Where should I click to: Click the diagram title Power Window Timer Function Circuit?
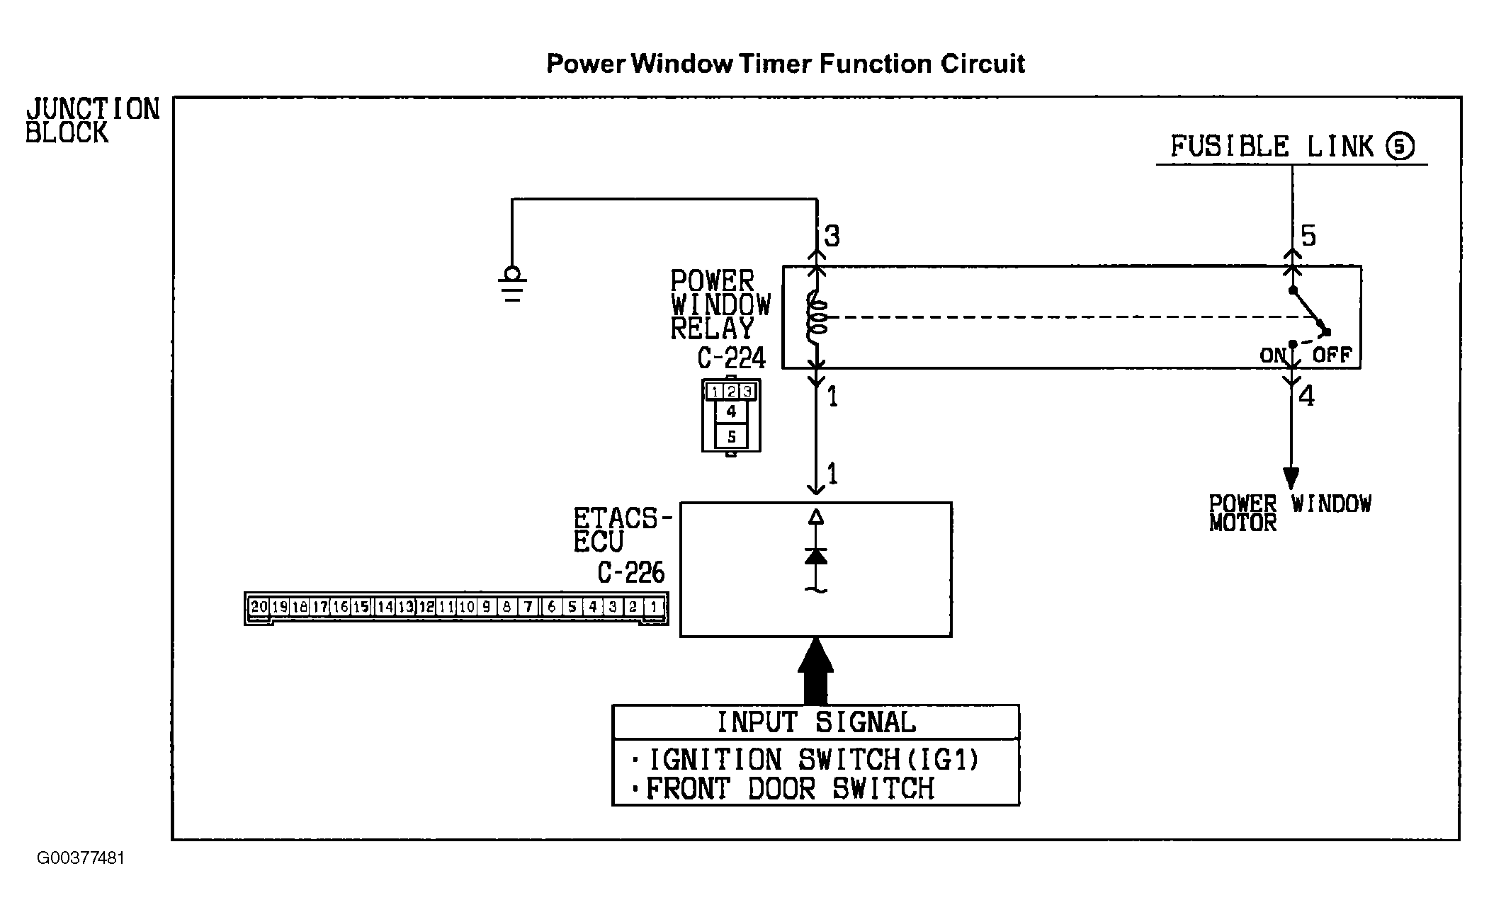[x=786, y=64]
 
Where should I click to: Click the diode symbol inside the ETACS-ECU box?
[x=816, y=556]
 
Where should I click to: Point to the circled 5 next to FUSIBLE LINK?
[x=1400, y=147]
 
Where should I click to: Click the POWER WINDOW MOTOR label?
[x=1290, y=513]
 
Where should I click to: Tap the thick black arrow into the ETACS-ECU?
[x=815, y=671]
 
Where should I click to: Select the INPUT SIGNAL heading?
[x=816, y=722]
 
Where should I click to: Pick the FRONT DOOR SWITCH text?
[x=791, y=789]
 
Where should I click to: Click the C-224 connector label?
[x=732, y=359]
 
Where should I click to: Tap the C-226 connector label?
[x=631, y=573]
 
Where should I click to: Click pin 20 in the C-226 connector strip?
[x=259, y=607]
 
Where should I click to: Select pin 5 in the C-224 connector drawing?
[x=731, y=436]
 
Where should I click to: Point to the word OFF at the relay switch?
[x=1332, y=355]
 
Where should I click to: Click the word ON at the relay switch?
[x=1272, y=355]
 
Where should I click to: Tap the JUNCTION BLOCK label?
[x=93, y=121]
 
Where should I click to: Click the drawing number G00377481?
[x=81, y=858]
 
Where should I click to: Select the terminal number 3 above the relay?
[x=832, y=236]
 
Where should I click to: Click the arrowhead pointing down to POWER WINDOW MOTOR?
[x=1291, y=479]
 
